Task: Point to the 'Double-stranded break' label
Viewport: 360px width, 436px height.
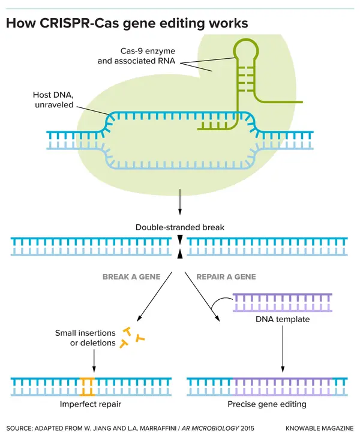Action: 179,227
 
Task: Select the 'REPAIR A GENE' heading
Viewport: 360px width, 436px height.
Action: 226,276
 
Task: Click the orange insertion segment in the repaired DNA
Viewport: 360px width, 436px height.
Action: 88,387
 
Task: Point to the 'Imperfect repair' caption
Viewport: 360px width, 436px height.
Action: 90,404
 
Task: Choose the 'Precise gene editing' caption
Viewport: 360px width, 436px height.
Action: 267,404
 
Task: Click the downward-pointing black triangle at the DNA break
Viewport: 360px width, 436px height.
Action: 179,239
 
